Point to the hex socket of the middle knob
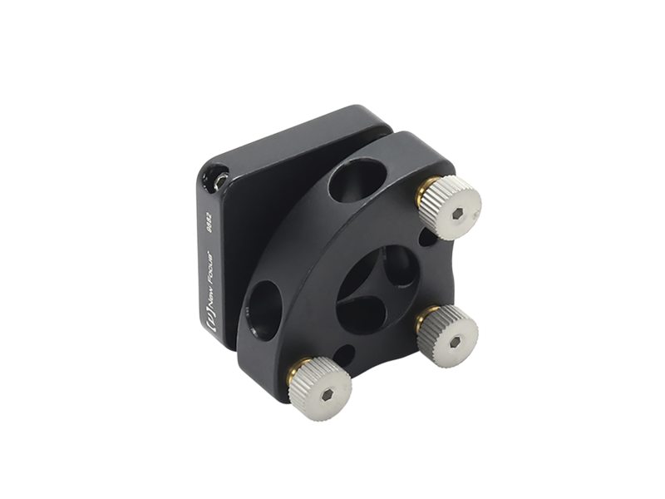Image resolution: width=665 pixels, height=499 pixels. [452, 334]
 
